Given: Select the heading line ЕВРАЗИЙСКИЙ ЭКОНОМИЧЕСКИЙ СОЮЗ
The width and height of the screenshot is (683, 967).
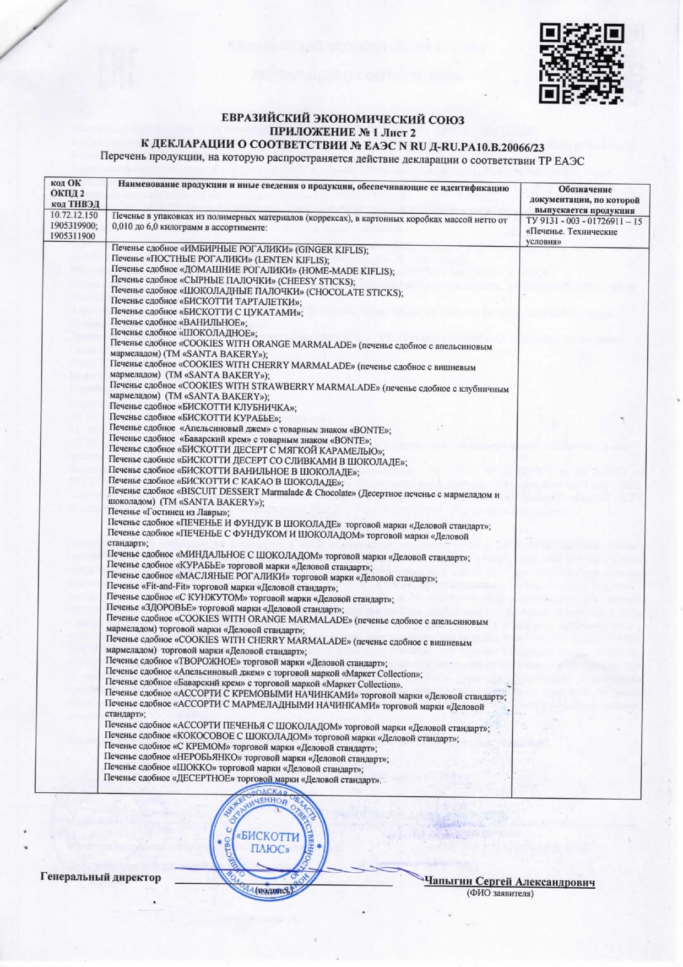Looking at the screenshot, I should pyautogui.click(x=342, y=120).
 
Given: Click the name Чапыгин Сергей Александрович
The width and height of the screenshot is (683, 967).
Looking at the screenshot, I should pyautogui.click(x=509, y=882).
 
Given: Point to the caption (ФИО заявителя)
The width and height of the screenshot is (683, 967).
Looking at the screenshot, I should pyautogui.click(x=500, y=893).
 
